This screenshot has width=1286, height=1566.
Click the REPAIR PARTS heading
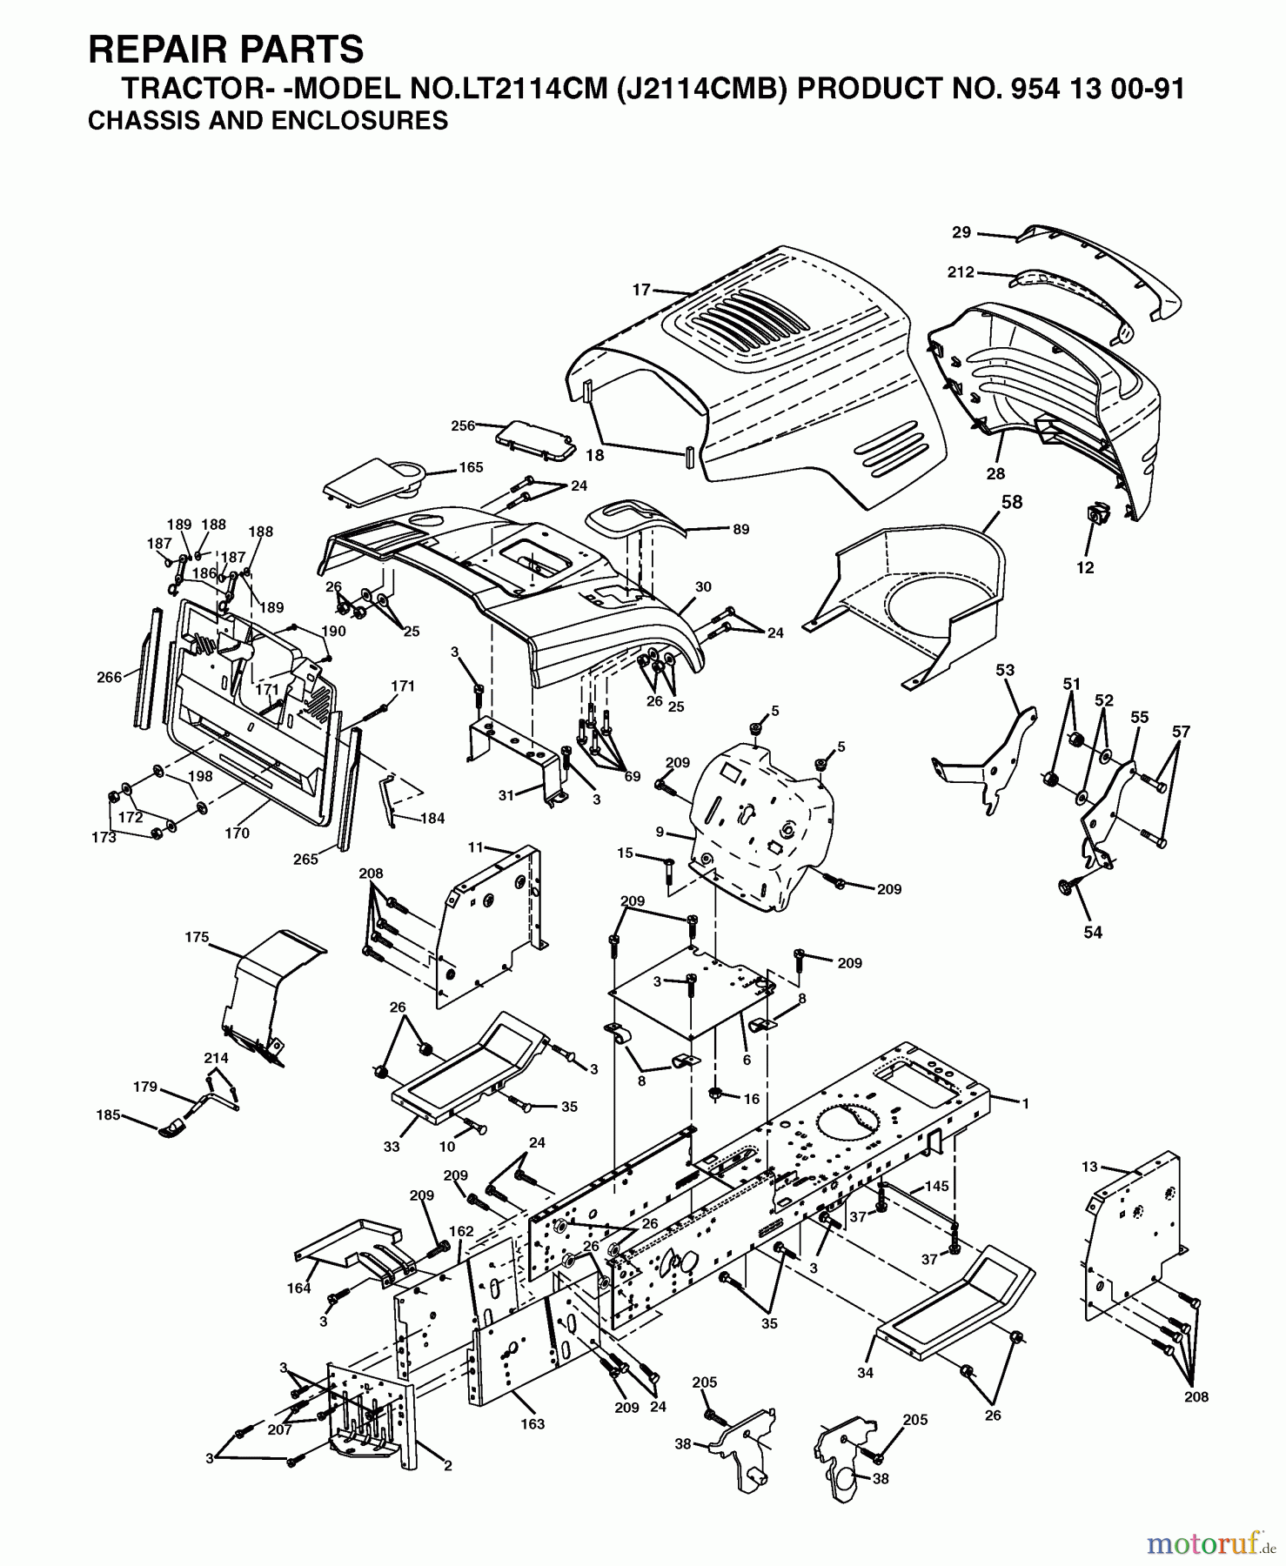[226, 50]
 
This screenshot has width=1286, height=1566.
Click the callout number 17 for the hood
[641, 290]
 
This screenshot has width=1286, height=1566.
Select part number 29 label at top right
[961, 232]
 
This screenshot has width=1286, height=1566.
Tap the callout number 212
[961, 272]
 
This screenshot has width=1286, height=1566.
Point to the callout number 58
[1012, 502]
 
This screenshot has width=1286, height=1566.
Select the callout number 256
[463, 425]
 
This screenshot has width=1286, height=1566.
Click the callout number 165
[471, 467]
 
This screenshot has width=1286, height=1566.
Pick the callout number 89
[740, 529]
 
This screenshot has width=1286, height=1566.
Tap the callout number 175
[198, 937]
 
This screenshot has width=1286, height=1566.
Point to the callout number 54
[1093, 932]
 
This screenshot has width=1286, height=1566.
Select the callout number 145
[936, 1186]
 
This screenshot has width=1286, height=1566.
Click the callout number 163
[532, 1423]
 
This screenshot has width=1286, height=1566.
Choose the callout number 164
[298, 1288]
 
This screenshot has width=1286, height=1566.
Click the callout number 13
[1090, 1167]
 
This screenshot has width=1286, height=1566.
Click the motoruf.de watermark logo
[1210, 1543]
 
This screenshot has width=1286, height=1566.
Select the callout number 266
[109, 677]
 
